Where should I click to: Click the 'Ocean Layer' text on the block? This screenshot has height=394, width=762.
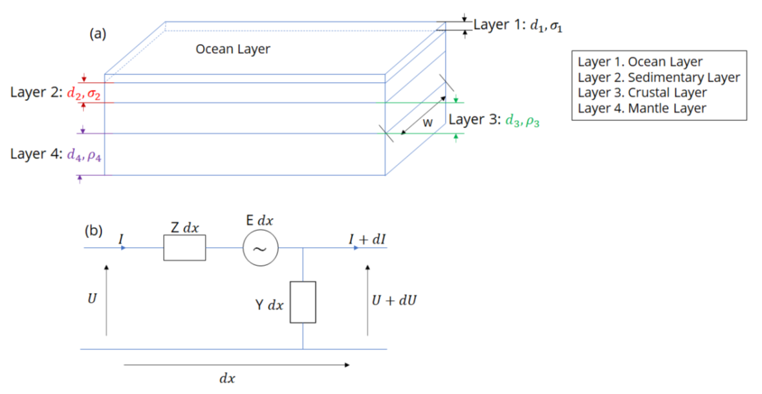[x=233, y=49]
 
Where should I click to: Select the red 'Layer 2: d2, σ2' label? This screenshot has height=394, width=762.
[x=56, y=93]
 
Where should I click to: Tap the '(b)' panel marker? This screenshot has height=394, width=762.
[x=94, y=230]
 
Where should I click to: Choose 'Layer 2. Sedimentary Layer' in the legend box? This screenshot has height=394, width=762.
[x=659, y=78]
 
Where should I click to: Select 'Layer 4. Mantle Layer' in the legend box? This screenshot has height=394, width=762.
[x=642, y=108]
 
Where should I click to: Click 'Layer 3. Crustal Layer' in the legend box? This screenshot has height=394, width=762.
[x=642, y=93]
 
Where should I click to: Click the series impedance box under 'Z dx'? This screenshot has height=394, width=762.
[x=184, y=248]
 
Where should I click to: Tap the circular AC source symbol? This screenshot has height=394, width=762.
[x=261, y=248]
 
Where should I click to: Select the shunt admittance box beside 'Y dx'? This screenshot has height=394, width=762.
[x=303, y=302]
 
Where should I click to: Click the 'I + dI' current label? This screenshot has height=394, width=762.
[x=367, y=239]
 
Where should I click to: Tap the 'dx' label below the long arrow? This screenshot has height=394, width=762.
[x=226, y=378]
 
